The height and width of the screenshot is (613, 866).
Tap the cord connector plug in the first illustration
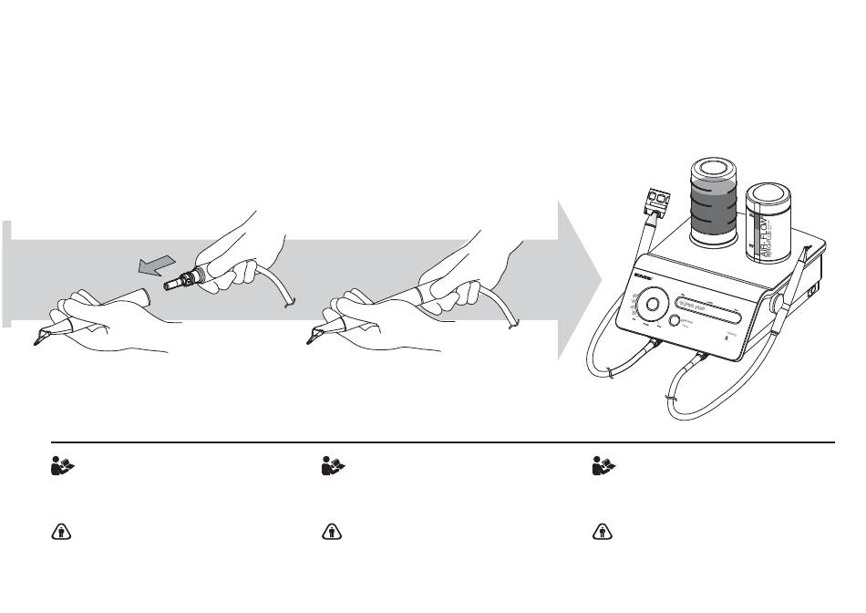(x=179, y=280)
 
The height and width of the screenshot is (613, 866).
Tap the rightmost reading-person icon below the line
(x=602, y=466)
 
